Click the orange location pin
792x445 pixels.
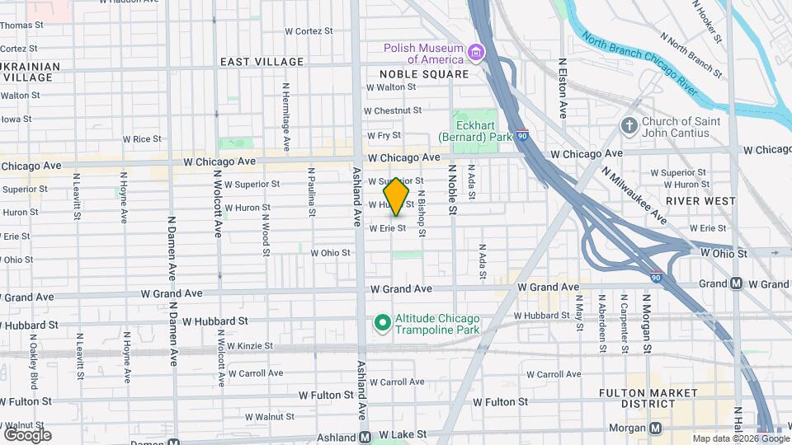(x=397, y=196)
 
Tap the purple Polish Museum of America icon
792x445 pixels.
(x=475, y=54)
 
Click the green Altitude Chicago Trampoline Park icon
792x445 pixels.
(x=382, y=322)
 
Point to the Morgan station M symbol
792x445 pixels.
(x=656, y=428)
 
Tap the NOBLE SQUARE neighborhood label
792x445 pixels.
(x=424, y=74)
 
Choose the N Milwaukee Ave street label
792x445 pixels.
(x=634, y=196)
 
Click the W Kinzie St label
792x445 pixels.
(x=256, y=346)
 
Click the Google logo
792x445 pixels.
(x=27, y=434)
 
